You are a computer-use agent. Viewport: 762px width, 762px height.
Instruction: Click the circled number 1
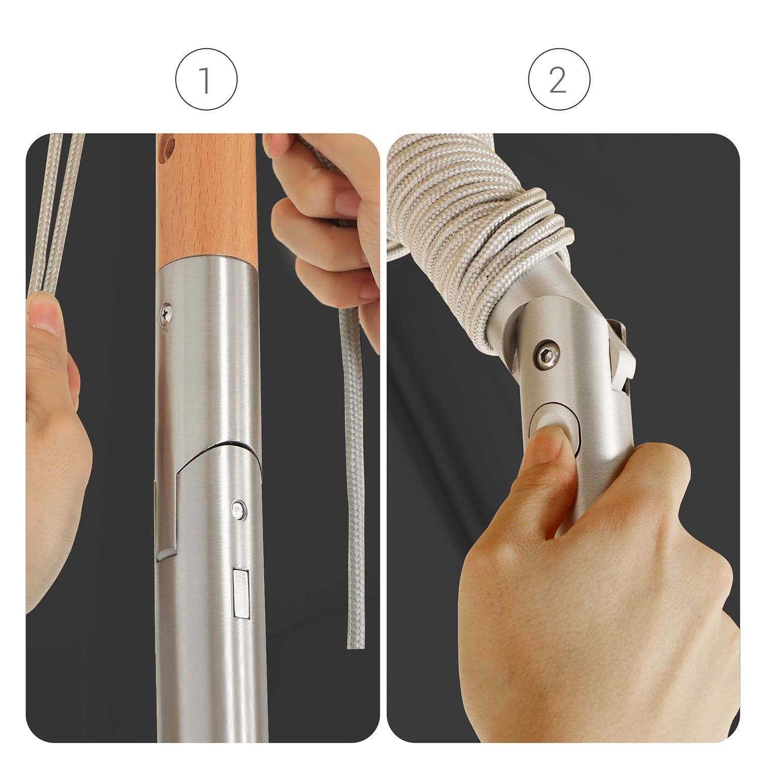206,80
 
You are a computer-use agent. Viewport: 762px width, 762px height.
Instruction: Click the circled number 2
559,80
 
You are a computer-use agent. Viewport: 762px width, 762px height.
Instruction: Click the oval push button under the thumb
555,426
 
